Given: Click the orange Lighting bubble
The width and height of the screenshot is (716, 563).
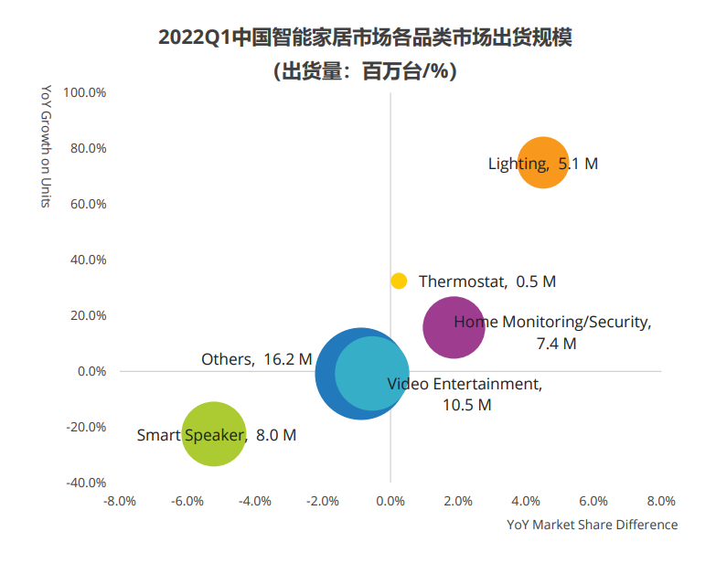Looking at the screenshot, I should coord(544,163).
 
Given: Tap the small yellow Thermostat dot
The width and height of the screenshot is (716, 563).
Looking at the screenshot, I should coord(399,281).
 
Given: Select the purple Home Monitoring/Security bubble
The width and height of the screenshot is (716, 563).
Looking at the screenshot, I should coord(454,327).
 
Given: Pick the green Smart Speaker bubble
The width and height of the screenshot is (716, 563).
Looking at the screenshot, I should coord(214,434).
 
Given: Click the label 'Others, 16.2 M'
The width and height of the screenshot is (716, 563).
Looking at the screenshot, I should coord(256,360).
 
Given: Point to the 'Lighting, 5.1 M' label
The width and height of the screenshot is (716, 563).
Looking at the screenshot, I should coord(542,165).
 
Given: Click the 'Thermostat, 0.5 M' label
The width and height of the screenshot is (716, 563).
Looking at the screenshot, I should coord(486,281).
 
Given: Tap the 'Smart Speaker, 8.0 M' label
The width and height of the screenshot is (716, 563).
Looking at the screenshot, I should coord(216,436).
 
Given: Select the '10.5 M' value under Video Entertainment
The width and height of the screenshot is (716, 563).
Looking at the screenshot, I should coord(466,405).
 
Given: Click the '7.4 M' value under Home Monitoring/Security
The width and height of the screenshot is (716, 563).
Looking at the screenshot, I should coord(557,344).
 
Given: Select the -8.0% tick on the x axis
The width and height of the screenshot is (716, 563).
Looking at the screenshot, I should coord(120,501).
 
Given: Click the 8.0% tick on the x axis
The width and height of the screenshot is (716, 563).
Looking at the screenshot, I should coord(660,501).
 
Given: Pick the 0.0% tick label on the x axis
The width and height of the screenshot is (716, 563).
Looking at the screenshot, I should coord(390,501).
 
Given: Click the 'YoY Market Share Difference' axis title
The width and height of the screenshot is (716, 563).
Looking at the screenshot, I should coord(593,525).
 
